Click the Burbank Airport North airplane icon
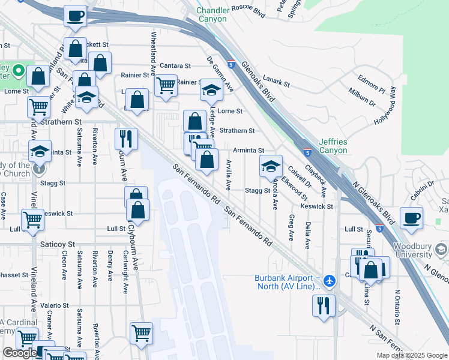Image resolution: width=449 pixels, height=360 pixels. click(x=329, y=280)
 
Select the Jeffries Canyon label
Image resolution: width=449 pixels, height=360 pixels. click(x=333, y=146)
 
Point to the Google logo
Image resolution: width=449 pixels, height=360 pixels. click(x=20, y=353)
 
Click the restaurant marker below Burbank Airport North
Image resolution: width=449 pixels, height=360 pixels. click(x=324, y=305)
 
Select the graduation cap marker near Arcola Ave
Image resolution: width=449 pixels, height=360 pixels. click(x=271, y=165)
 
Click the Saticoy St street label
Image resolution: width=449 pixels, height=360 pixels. click(x=58, y=245)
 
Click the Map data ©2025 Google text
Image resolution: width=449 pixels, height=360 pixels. click(x=411, y=355)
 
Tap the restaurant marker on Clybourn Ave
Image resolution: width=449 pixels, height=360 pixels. click(x=126, y=138)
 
